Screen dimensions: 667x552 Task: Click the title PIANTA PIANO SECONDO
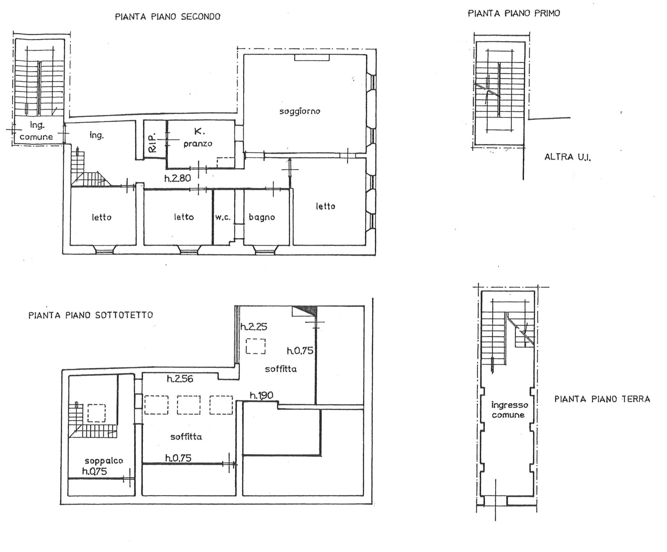click(168, 17)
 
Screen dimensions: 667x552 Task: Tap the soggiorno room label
click(300, 111)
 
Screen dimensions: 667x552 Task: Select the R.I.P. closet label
click(152, 143)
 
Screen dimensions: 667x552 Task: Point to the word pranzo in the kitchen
click(198, 144)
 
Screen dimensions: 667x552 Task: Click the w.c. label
click(223, 217)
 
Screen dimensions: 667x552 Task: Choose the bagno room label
click(262, 218)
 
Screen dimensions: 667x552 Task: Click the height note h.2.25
click(254, 327)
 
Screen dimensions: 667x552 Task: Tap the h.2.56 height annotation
click(180, 379)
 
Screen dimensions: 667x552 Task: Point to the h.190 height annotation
click(261, 395)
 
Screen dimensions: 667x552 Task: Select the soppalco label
click(104, 461)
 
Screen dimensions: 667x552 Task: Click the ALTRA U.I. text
click(568, 157)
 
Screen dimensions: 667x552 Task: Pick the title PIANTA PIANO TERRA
click(602, 399)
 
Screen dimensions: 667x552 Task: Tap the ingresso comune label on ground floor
click(509, 410)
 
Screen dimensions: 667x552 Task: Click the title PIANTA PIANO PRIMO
click(514, 13)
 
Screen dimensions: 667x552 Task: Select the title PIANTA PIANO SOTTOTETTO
click(91, 315)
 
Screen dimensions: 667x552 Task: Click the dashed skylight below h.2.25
click(256, 346)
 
